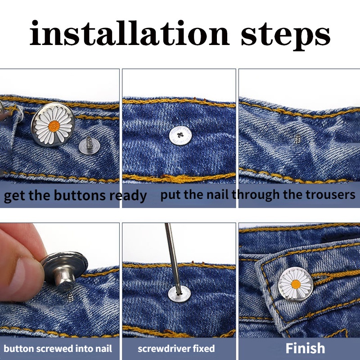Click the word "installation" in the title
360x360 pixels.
[x=130, y=33]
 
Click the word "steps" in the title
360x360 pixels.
[x=286, y=36]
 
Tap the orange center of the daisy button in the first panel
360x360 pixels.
[x=54, y=126]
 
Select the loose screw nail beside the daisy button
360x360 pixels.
[x=89, y=145]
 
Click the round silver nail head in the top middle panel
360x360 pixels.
[x=180, y=135]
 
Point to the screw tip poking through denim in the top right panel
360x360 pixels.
[x=297, y=139]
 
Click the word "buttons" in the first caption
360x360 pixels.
[x=80, y=195]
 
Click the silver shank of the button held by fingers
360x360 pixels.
[x=65, y=278]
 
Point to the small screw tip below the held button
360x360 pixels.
[x=71, y=297]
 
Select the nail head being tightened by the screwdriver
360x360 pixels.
[x=179, y=294]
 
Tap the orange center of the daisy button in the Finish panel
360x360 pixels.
[x=296, y=284]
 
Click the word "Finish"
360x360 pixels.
[x=306, y=348]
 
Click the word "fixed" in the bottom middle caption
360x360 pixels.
[x=204, y=348]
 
